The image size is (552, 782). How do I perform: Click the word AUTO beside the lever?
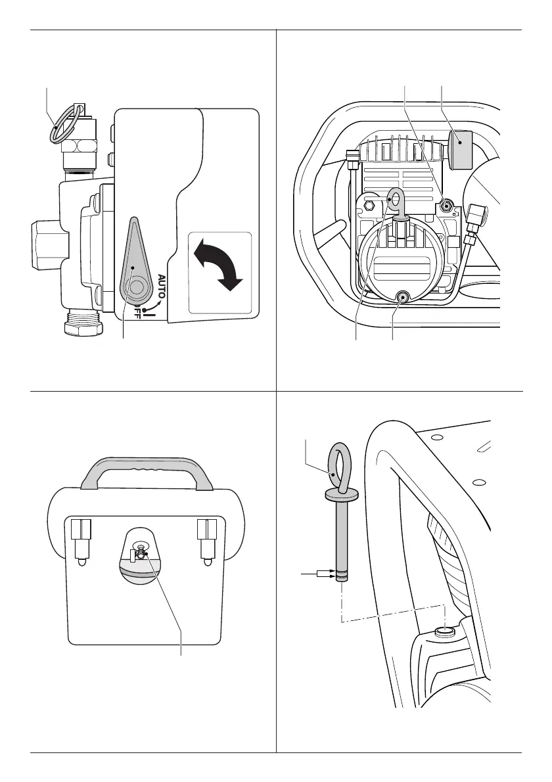pyautogui.click(x=162, y=287)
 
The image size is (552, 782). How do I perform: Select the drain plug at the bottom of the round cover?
pyautogui.click(x=401, y=299)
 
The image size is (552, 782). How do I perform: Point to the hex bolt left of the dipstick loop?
pyautogui.click(x=370, y=206)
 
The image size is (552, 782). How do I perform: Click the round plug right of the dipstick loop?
pyautogui.click(x=447, y=206)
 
